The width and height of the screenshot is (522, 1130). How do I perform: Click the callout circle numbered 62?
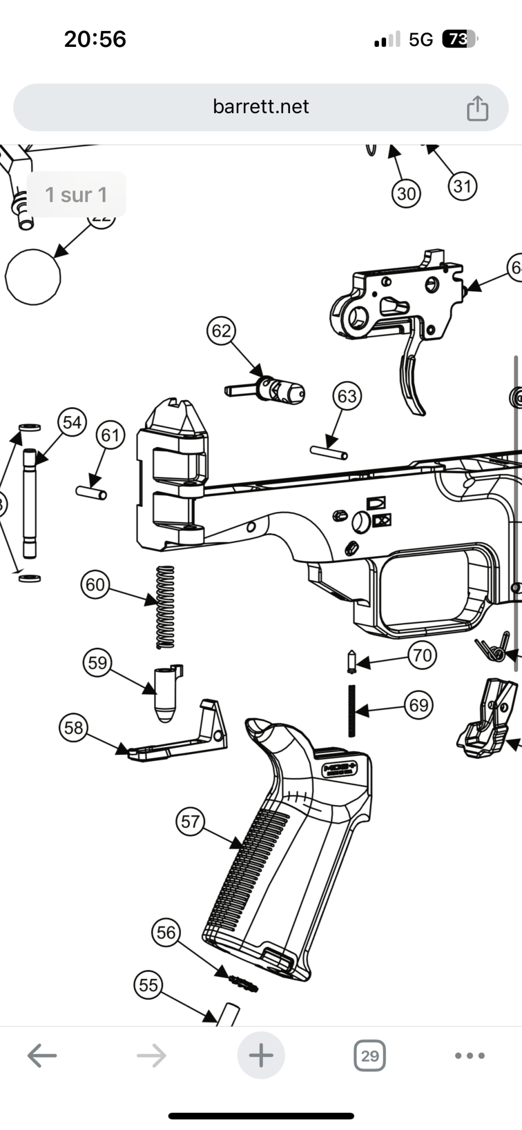point(221,331)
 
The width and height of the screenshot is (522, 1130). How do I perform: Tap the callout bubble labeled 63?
point(347,396)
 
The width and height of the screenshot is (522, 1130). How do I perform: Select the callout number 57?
point(190,822)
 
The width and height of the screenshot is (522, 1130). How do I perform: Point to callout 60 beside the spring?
point(95,584)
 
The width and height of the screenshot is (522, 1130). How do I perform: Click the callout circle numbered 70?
point(422,655)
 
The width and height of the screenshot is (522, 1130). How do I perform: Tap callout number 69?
point(418,705)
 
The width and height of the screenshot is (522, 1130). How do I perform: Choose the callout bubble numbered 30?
point(406,194)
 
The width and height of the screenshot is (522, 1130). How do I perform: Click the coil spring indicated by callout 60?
point(165,607)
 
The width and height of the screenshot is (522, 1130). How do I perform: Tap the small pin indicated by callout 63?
point(329,452)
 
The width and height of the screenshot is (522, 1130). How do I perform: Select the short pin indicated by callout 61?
point(91,492)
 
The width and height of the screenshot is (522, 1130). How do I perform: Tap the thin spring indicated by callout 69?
point(351,711)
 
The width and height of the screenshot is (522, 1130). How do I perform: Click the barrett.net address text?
point(261,106)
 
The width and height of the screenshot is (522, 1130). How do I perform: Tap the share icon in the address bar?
point(477,108)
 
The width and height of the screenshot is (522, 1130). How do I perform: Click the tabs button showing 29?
point(370,1056)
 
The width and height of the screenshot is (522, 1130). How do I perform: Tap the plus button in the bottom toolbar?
point(261,1056)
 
